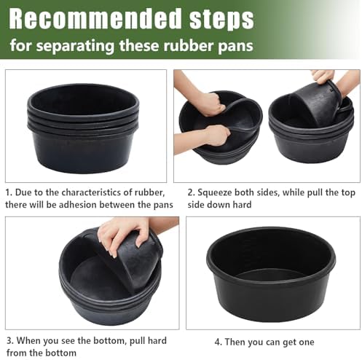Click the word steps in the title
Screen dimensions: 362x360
point(221,20)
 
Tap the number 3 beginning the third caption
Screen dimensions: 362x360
point(9,340)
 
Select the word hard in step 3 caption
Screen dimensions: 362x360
point(157,340)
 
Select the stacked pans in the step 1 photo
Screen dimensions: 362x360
point(83,128)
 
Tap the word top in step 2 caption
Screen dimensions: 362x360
point(348,193)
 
